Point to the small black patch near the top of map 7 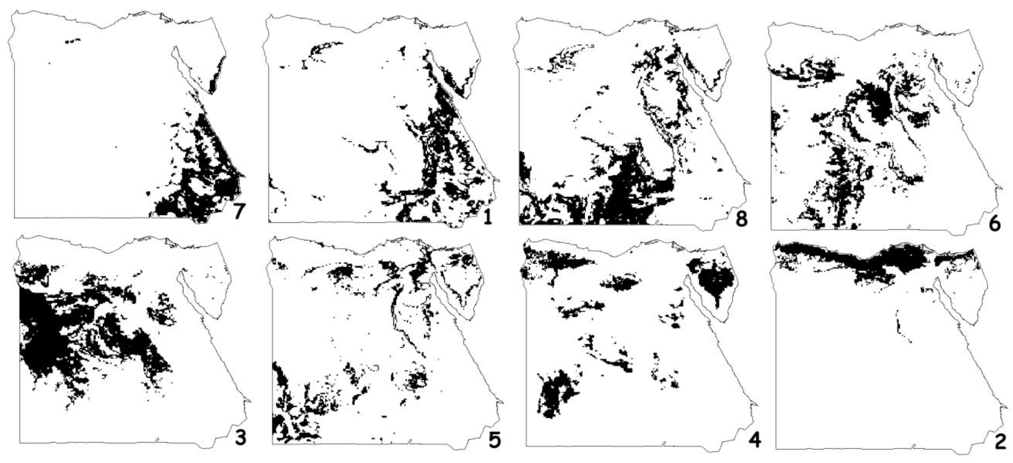click(72, 41)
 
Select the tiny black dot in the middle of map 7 click(116, 147)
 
